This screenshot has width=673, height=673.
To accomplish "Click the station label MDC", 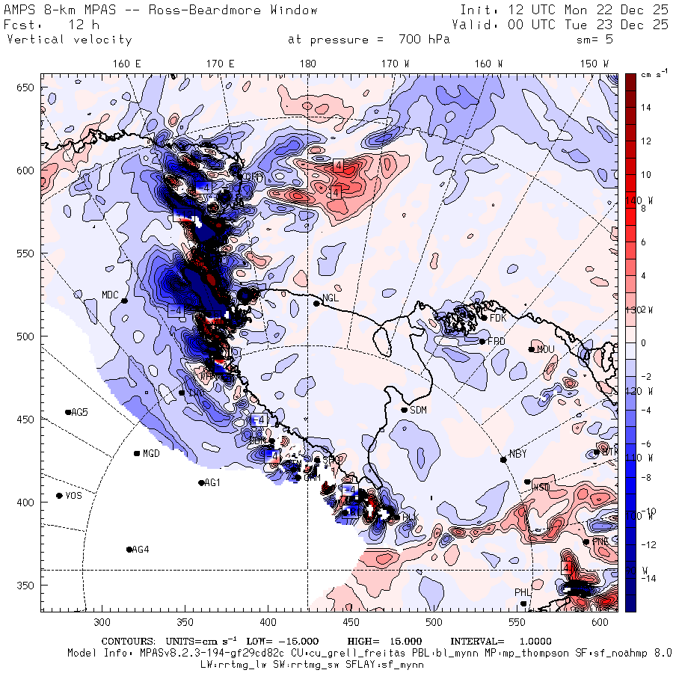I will (x=111, y=294).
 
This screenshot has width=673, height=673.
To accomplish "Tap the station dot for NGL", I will (x=316, y=303).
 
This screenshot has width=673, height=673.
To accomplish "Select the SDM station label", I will (x=419, y=410).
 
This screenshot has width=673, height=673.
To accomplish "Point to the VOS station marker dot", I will (x=60, y=496).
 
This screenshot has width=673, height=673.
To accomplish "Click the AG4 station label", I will (x=140, y=550).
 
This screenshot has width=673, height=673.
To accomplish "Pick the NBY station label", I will (x=517, y=454).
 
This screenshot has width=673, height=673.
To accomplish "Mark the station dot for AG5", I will (x=68, y=412).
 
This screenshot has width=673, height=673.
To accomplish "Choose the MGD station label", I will (x=151, y=454).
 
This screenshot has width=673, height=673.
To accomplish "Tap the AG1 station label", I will (x=212, y=483).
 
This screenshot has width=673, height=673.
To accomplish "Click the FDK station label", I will (x=499, y=317).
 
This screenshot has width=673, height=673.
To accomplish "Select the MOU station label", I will (x=547, y=349).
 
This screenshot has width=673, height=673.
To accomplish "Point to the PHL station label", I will (x=522, y=592).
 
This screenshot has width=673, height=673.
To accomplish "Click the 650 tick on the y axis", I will (x=28, y=88).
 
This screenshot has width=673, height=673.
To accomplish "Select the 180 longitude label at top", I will (x=307, y=64).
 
